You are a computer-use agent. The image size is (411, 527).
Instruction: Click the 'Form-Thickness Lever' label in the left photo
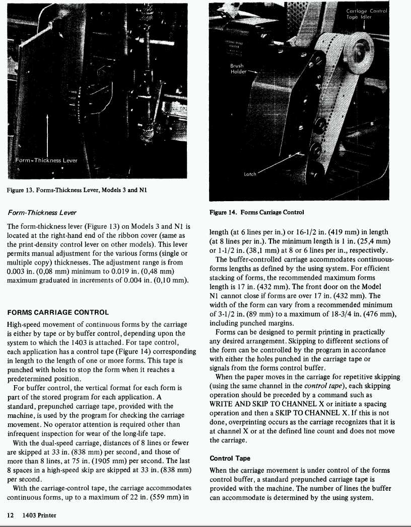click(x=46, y=160)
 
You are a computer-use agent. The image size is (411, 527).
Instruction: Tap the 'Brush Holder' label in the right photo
click(x=237, y=68)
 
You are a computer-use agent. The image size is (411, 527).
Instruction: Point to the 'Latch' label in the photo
click(x=250, y=174)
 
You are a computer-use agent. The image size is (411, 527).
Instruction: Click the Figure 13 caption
click(x=77, y=190)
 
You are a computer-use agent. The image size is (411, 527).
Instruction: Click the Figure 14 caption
click(x=257, y=212)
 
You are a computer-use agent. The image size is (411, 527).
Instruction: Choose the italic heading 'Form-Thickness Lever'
click(x=42, y=212)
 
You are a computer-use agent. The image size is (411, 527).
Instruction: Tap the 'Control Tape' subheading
click(x=230, y=459)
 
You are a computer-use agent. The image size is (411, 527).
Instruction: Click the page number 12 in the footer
click(x=10, y=515)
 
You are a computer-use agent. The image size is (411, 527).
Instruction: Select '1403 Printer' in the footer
click(x=39, y=515)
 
